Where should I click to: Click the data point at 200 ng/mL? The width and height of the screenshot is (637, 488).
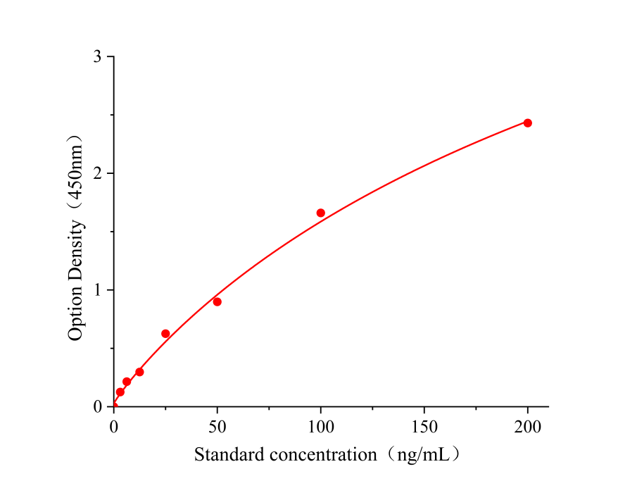pyautogui.click(x=527, y=123)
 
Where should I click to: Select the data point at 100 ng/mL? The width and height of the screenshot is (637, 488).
pyautogui.click(x=321, y=213)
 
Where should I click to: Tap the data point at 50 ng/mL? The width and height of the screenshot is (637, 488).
pyautogui.click(x=217, y=302)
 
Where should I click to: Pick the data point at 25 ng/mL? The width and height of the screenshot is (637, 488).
pyautogui.click(x=165, y=334)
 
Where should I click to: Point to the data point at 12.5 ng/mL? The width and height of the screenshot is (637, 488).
pyautogui.click(x=139, y=372)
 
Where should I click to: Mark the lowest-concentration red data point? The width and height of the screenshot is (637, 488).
pyautogui.click(x=120, y=392)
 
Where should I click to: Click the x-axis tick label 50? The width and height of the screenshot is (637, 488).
pyautogui.click(x=217, y=425)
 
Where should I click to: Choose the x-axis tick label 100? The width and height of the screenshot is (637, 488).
pyautogui.click(x=321, y=425)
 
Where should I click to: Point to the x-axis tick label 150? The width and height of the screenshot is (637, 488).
pyautogui.click(x=424, y=425)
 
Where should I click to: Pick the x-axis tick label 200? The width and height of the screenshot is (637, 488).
pyautogui.click(x=527, y=425)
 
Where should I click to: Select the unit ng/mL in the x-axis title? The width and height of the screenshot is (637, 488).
pyautogui.click(x=423, y=455)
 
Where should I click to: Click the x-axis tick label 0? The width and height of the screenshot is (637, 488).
pyautogui.click(x=114, y=425)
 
